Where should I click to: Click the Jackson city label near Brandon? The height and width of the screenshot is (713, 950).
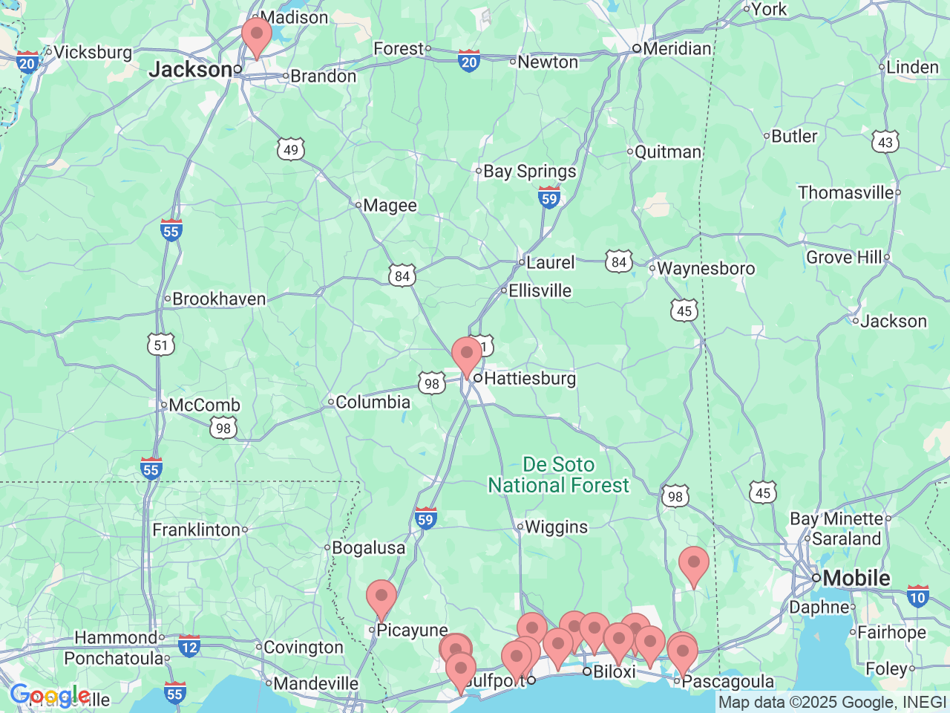coord(191,70)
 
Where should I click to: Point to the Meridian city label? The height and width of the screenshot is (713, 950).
coord(676,49)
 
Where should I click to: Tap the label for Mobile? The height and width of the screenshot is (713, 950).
coord(856,578)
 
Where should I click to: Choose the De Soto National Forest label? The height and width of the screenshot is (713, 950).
coord(558,475)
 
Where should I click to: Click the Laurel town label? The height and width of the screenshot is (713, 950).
coord(550,262)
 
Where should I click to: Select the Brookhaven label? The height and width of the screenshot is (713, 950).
coord(218,299)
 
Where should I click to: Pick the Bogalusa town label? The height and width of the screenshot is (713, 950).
coord(368,548)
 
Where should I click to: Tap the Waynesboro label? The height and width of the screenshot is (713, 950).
coord(705,269)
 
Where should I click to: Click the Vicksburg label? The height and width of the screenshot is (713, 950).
coord(93,53)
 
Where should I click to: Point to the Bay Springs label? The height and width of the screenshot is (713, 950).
coord(529,172)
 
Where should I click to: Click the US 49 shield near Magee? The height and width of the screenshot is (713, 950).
coord(291,150)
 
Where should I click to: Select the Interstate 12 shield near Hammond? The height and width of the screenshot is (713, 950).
coord(189,645)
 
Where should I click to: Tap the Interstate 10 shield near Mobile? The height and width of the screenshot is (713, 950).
coord(918,596)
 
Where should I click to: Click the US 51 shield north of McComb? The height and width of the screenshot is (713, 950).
coord(161,345)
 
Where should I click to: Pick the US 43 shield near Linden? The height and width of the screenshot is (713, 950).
coord(885,142)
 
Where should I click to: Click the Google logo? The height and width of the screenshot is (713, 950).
coord(50,697)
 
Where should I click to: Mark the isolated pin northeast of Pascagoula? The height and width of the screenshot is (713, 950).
coord(694,565)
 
